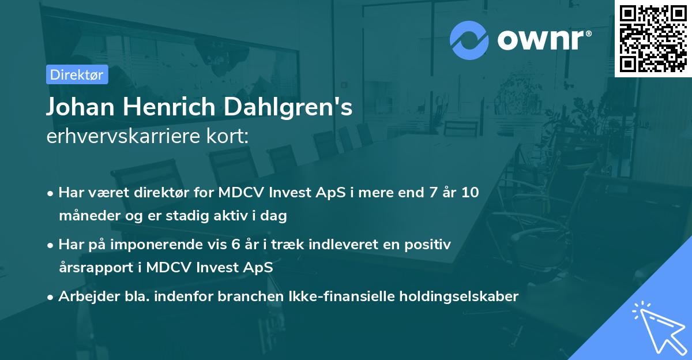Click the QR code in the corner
point(653,38)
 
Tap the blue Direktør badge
point(77,74)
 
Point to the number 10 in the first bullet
point(470,193)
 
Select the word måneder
point(85,216)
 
